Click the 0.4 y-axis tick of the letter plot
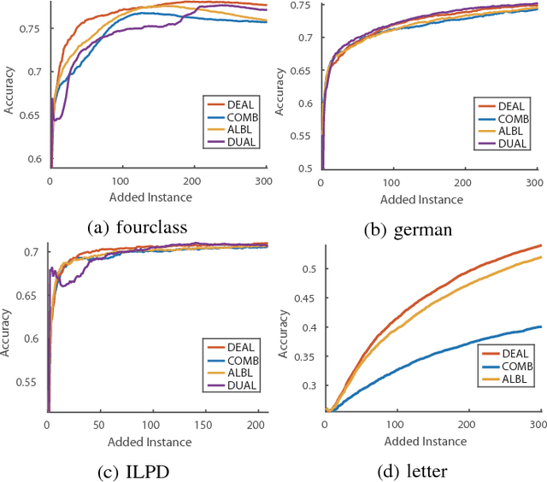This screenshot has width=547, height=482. tap(308, 327)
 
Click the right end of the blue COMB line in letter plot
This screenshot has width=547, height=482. tap(541, 326)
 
